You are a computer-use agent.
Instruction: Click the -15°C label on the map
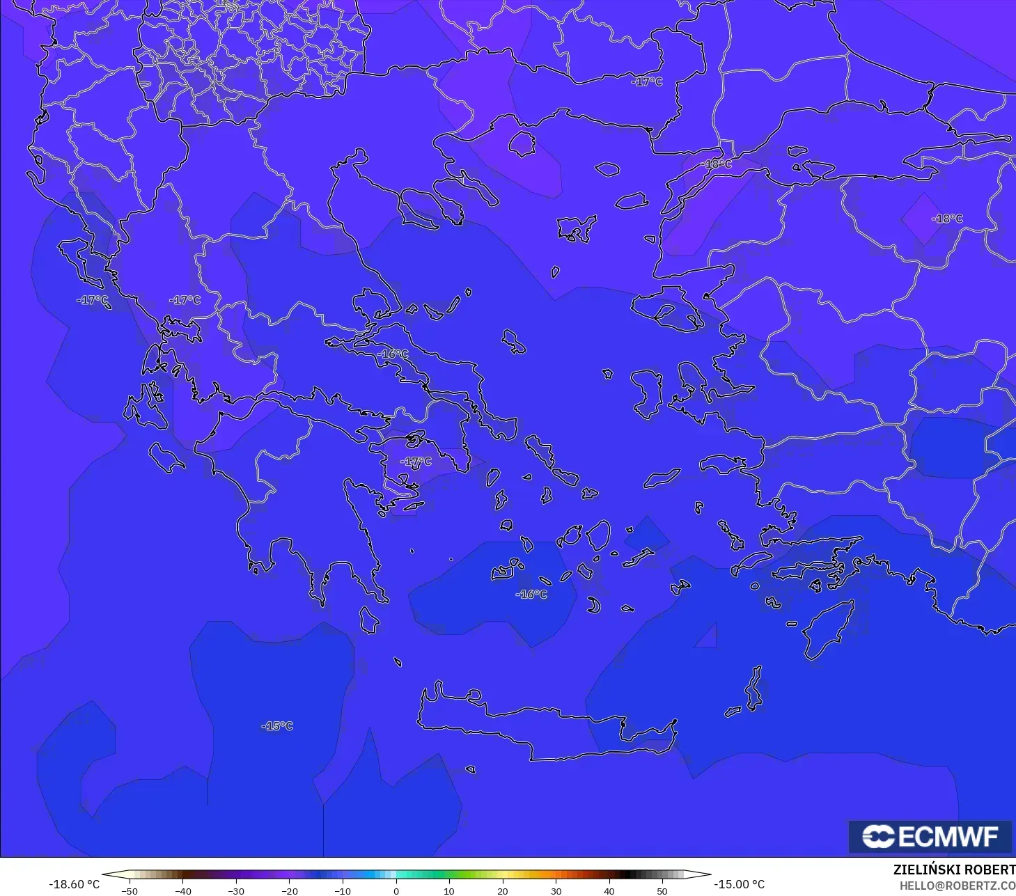click(277, 726)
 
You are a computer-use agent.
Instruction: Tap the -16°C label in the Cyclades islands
click(531, 595)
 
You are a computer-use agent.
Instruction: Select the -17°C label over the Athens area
click(416, 462)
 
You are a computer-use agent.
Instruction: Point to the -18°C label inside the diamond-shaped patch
click(947, 219)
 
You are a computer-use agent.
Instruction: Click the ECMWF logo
click(930, 836)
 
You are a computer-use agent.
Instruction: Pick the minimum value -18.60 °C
click(74, 884)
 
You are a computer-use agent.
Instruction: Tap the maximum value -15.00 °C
click(740, 884)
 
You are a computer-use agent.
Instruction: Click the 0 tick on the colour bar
click(396, 890)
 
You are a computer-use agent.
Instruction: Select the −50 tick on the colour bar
click(129, 890)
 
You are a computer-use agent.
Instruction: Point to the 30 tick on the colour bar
click(556, 890)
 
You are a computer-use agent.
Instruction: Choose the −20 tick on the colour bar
click(289, 890)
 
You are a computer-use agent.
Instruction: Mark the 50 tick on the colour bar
click(662, 890)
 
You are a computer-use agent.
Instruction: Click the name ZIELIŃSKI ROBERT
click(954, 870)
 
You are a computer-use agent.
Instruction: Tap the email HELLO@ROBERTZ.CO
click(957, 886)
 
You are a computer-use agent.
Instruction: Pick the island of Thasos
click(522, 144)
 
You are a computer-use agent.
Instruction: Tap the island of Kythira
click(370, 620)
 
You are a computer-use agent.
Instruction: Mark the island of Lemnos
click(577, 228)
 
